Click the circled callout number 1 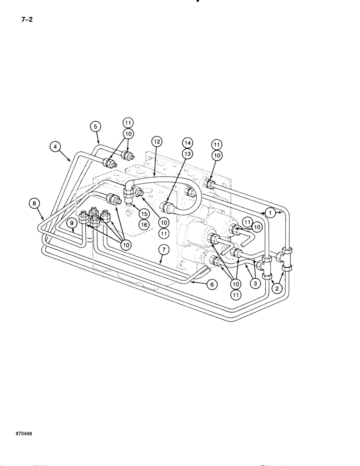(270, 212)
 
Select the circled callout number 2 (277, 289)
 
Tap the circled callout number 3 (254, 282)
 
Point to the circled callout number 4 (55, 147)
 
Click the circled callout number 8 (33, 203)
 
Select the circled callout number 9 (72, 223)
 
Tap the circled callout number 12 (156, 141)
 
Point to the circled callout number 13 (187, 154)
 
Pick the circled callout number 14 (187, 142)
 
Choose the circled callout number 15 (144, 213)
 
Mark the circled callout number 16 (144, 225)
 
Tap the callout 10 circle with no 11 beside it (125, 244)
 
